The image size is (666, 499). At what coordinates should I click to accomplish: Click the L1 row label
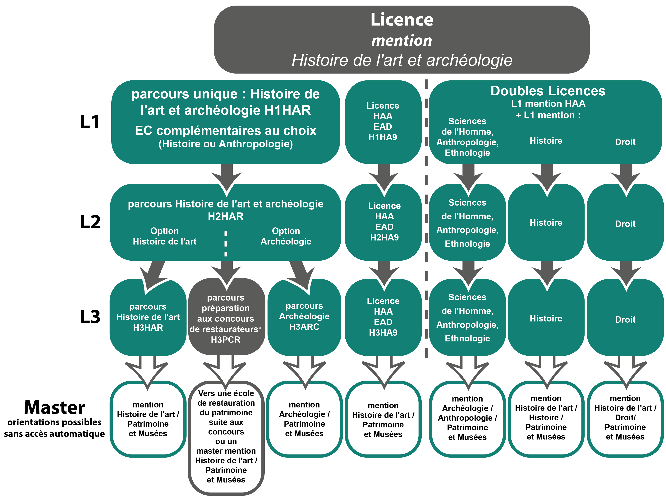(90, 122)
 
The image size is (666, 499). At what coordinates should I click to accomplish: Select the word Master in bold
(54, 408)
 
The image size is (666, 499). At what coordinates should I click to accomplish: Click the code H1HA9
(383, 137)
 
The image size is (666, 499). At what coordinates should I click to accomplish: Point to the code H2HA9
(384, 238)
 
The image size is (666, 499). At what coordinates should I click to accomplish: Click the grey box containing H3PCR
(226, 317)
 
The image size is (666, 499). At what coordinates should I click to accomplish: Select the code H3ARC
(304, 327)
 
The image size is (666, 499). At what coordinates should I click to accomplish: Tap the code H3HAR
(148, 328)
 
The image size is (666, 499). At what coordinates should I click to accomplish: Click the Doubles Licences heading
(548, 91)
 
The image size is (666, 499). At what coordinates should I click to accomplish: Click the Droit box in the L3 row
(625, 320)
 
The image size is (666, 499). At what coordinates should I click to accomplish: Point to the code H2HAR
(226, 216)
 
